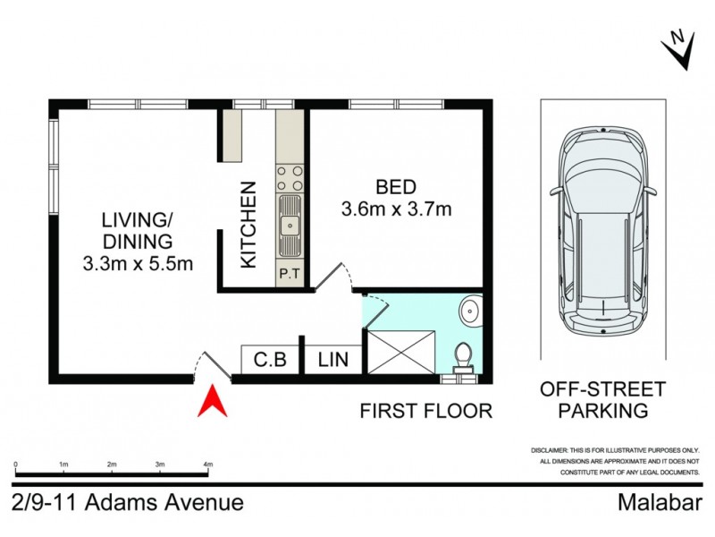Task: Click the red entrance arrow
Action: click(x=214, y=400)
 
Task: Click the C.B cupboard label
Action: click(x=269, y=361)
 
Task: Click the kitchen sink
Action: click(x=290, y=226)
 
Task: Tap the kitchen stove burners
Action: click(x=290, y=178)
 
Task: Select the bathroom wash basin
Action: click(x=470, y=311)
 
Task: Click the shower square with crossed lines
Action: click(x=403, y=352)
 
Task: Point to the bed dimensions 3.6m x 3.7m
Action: click(x=396, y=210)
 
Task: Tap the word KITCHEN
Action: click(x=249, y=225)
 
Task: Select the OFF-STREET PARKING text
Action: click(x=601, y=400)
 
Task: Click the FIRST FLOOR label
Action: click(x=426, y=411)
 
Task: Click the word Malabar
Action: click(x=659, y=502)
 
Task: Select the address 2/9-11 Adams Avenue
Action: click(x=128, y=502)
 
